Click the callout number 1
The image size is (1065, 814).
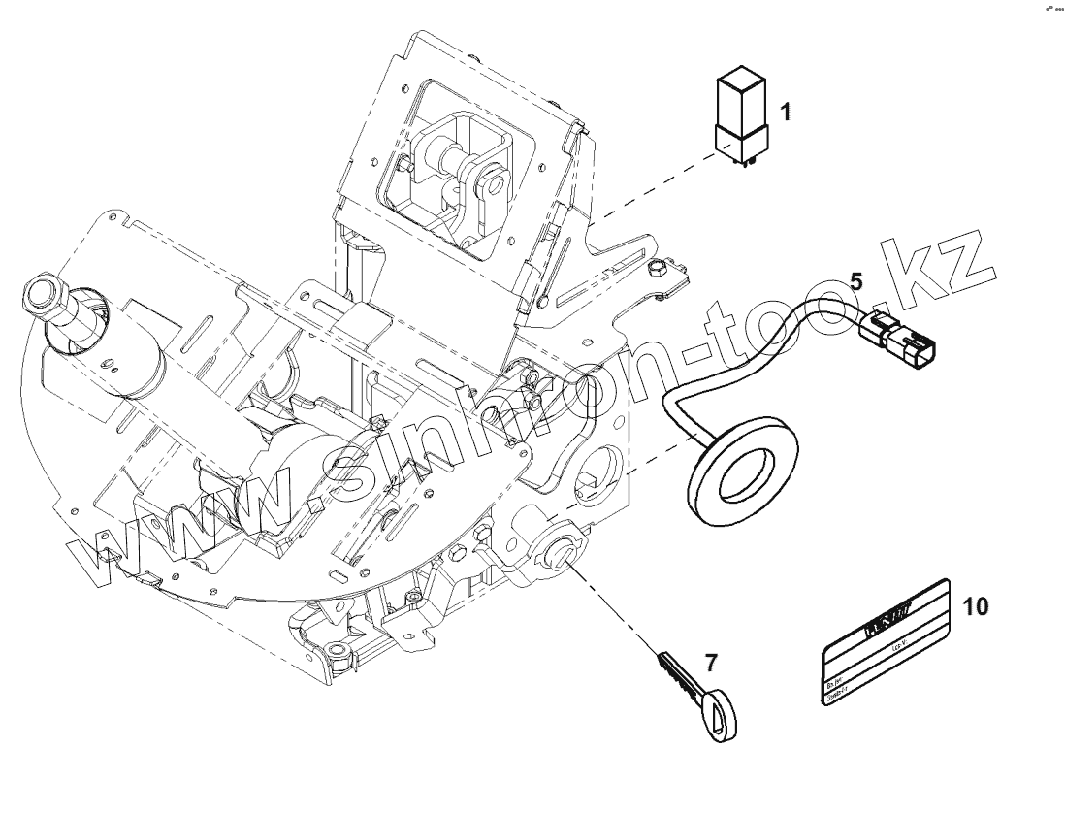[x=786, y=114]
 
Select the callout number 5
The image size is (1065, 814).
[x=855, y=280]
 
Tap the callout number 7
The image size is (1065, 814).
[x=712, y=663]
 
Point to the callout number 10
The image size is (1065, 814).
[x=975, y=606]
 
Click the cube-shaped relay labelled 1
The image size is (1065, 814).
[x=741, y=111]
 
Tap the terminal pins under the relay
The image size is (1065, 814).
[x=744, y=162]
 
